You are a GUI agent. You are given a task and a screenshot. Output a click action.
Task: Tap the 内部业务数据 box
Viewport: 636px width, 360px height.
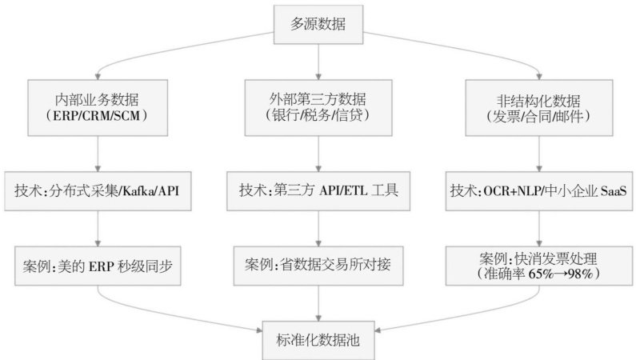click(98, 106)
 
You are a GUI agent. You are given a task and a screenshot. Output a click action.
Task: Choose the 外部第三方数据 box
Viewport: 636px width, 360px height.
click(318, 106)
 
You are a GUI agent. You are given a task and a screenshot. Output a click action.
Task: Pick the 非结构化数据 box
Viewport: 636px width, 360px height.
click(539, 106)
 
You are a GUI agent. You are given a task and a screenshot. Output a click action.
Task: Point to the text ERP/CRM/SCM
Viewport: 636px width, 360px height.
click(98, 115)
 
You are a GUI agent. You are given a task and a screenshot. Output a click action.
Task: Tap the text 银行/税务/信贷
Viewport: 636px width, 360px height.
click(318, 115)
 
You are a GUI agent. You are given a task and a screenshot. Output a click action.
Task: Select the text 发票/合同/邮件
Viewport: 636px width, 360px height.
click(539, 115)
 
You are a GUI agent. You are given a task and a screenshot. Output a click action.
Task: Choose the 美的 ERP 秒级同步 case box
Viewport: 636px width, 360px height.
click(98, 262)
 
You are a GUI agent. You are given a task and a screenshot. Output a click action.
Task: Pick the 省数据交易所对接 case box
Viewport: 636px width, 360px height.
click(318, 262)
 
